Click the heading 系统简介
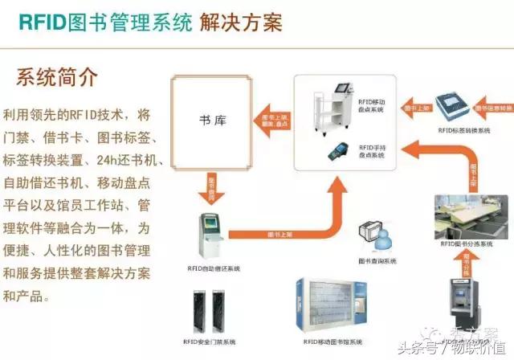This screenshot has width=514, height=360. coord(57,78)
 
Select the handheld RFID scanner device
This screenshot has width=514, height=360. coord(332,149)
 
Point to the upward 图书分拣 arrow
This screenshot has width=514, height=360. coord(467,262)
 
